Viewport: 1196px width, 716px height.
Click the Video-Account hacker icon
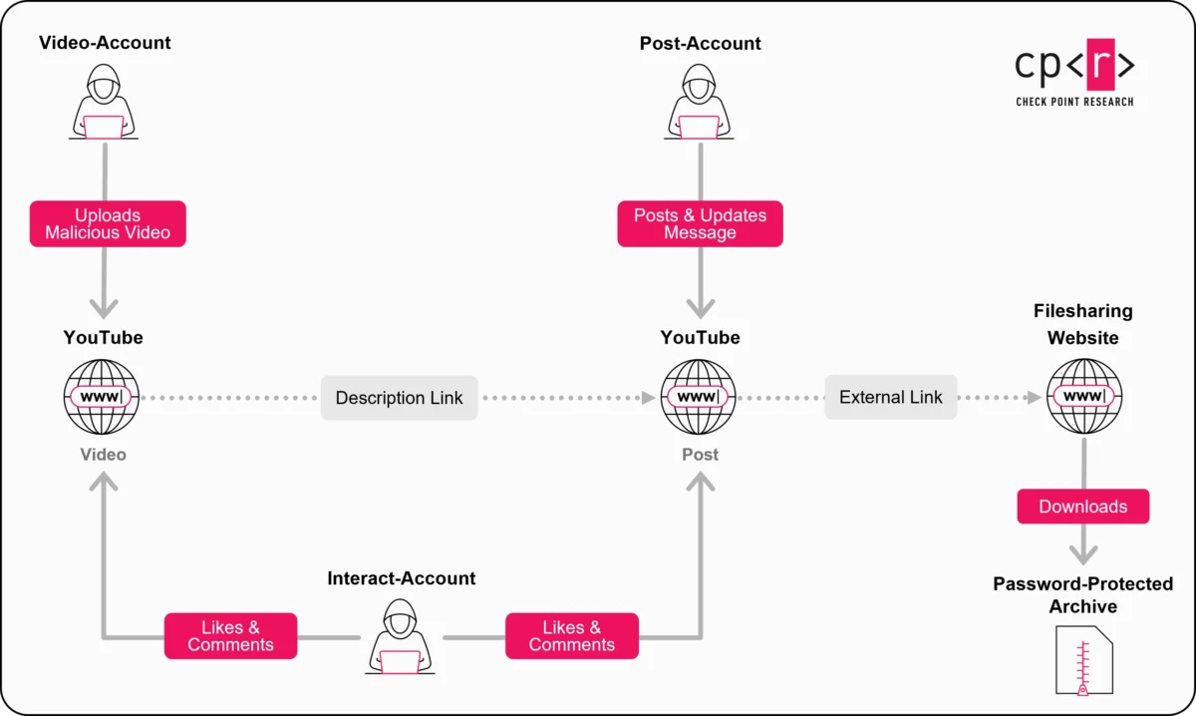pyautogui.click(x=104, y=103)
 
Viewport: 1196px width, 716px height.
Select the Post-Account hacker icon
pyautogui.click(x=700, y=103)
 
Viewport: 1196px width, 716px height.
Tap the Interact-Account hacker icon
pyautogui.click(x=401, y=638)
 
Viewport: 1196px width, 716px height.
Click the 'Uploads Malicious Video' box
pyautogui.click(x=108, y=224)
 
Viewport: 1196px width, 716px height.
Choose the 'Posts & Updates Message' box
pyautogui.click(x=700, y=224)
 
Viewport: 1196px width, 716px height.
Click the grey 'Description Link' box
pyautogui.click(x=399, y=398)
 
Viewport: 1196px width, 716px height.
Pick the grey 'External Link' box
pyautogui.click(x=890, y=397)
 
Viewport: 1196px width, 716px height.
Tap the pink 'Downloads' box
pyautogui.click(x=1082, y=507)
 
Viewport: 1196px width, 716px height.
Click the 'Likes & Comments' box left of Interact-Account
pyautogui.click(x=230, y=636)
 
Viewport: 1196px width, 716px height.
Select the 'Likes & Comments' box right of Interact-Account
pyautogui.click(x=571, y=636)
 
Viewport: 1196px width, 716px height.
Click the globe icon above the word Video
pyautogui.click(x=102, y=397)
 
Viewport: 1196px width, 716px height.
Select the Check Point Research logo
pyautogui.click(x=1074, y=72)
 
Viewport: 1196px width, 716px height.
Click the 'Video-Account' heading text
pyautogui.click(x=105, y=43)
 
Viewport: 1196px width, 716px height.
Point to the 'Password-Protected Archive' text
pyautogui.click(x=1082, y=595)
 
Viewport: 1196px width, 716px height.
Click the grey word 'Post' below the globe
pyautogui.click(x=700, y=455)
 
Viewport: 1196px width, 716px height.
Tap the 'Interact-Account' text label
pyautogui.click(x=401, y=578)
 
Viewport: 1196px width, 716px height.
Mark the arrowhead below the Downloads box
pyautogui.click(x=1083, y=554)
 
